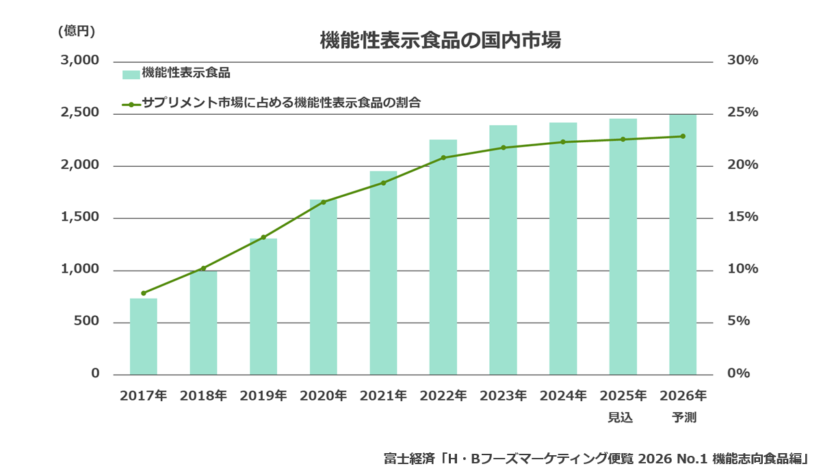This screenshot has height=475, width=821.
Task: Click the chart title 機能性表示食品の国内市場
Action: point(440,40)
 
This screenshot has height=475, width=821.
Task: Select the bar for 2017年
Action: point(144,336)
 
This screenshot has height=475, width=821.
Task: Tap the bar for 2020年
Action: point(324,287)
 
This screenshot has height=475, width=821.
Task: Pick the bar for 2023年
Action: point(503,249)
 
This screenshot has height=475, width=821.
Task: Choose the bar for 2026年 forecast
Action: point(683,245)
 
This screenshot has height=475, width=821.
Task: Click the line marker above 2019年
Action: point(263,237)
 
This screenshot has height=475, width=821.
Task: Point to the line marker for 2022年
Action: point(443,158)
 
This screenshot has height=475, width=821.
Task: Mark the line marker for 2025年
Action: point(623,139)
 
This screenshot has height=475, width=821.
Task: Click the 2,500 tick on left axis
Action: point(80,113)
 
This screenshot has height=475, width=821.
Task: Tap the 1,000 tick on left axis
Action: point(80,270)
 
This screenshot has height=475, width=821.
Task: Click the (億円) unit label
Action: point(77,30)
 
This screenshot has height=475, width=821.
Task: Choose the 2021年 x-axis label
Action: point(383,396)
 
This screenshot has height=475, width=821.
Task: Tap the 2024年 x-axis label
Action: point(563,396)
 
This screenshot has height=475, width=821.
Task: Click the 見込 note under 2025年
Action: point(621,417)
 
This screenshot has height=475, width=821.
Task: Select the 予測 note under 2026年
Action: point(683,417)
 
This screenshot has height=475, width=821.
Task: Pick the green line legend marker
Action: point(131,105)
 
